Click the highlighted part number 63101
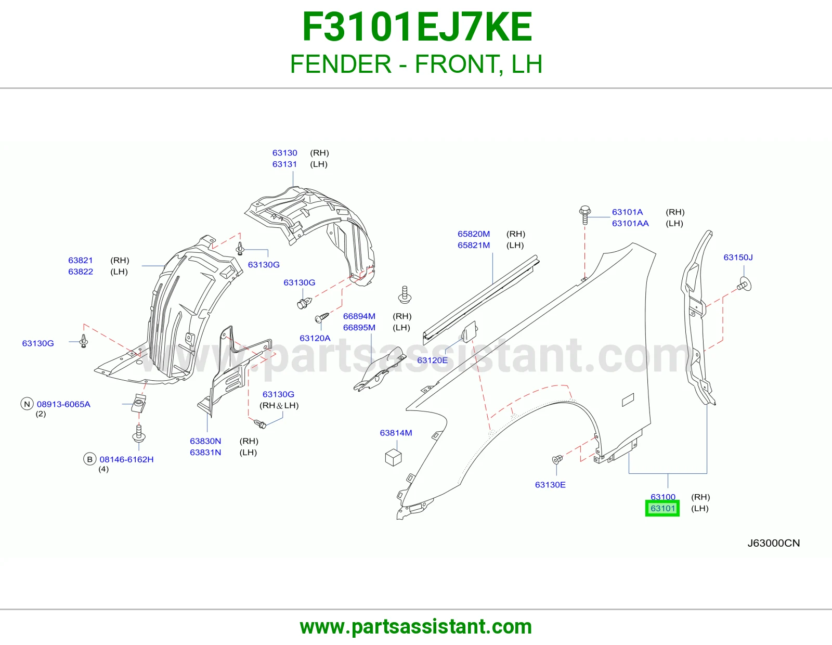[662, 508]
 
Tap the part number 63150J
[738, 257]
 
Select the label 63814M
[396, 433]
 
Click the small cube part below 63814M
[393, 457]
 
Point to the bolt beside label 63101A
[584, 215]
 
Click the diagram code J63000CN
[773, 543]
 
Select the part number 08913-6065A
[63, 404]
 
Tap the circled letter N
[27, 404]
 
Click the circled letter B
[89, 459]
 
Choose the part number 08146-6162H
[126, 459]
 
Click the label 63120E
[432, 360]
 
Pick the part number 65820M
[474, 234]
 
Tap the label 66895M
[359, 328]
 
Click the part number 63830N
[205, 441]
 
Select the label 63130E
[550, 484]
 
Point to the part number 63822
[81, 272]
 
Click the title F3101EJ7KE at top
[417, 27]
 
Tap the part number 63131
[284, 164]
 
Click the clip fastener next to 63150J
[744, 284]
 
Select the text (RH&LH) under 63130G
[279, 405]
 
